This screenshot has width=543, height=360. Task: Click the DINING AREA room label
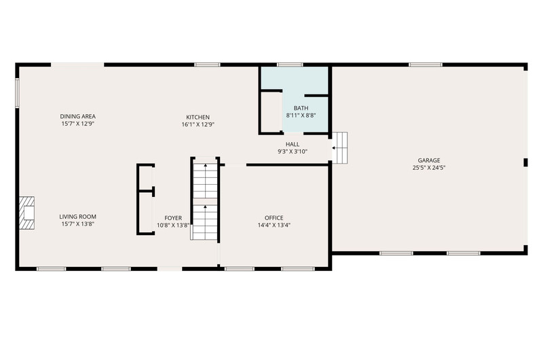pos(77,116)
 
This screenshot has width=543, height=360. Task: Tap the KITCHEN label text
pos(198,117)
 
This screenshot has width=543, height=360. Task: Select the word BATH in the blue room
pos(301,108)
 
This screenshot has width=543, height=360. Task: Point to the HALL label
pos(293,144)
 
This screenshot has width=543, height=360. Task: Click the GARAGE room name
pos(429,160)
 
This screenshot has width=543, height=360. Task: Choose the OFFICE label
pos(274,218)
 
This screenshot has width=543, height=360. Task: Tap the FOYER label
pos(173,218)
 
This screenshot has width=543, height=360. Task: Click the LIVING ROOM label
pos(77,217)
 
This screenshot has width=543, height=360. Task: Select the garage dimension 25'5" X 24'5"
pos(429,168)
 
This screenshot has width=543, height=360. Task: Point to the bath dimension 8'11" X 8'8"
pos(301,115)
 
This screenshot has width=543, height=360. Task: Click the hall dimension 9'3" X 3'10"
pos(293,151)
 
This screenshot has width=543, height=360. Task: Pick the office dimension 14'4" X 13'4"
pos(274,226)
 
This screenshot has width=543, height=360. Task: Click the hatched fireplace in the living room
pos(26,213)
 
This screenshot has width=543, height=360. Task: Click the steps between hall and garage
pos(340,147)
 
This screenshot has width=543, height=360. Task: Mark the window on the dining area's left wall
pos(16,92)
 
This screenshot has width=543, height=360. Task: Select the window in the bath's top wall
pos(290,65)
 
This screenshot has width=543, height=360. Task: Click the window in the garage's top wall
pos(426,65)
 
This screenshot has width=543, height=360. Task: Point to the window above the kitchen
pos(207,65)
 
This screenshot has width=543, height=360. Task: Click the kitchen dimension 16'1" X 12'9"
pos(198,124)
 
